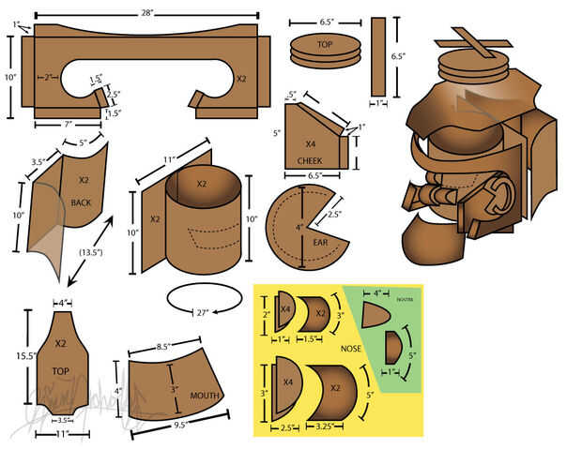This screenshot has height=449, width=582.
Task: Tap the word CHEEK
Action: (310, 160)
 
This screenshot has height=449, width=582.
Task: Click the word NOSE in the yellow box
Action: (350, 349)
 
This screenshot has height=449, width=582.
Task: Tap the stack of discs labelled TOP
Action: (325, 51)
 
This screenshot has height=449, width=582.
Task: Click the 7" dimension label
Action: (67, 124)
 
